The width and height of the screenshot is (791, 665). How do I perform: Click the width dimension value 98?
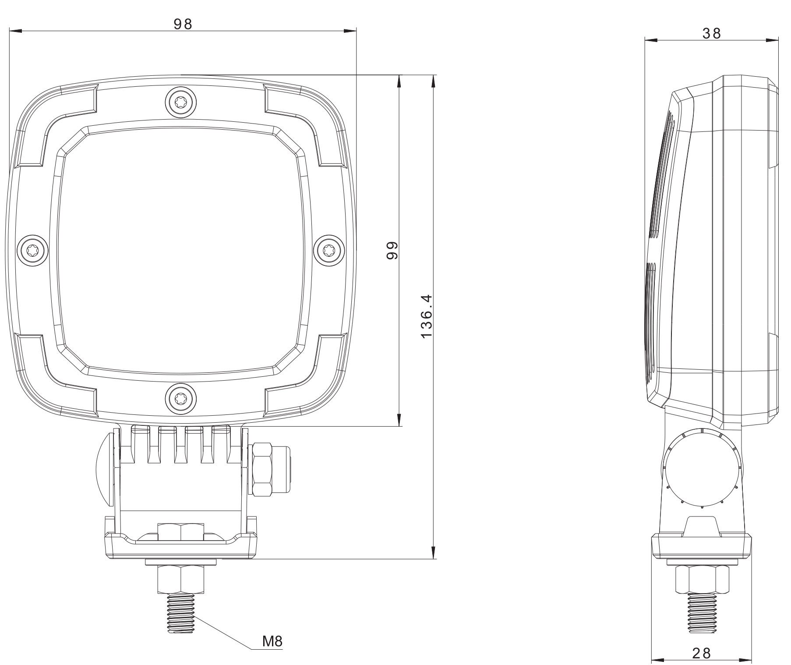pyautogui.click(x=183, y=24)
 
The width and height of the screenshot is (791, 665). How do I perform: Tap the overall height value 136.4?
pyautogui.click(x=426, y=317)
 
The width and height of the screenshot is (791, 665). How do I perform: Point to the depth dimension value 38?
pyautogui.click(x=711, y=33)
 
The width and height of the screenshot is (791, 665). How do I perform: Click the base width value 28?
pyautogui.click(x=701, y=653)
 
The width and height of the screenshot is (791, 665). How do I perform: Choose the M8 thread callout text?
pyautogui.click(x=272, y=641)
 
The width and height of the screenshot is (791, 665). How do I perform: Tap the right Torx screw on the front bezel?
pyautogui.click(x=331, y=250)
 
